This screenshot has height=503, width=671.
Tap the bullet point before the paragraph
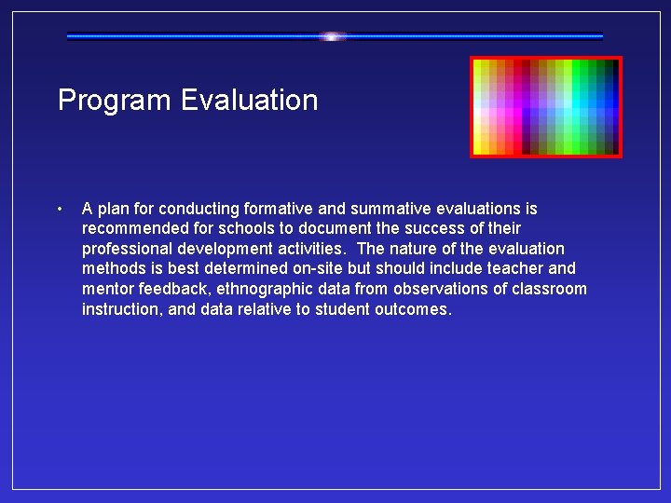pos(59,209)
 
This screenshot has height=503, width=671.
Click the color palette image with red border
pos(545,107)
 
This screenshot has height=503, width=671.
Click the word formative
pos(283,209)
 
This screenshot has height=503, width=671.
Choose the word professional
pos(129,249)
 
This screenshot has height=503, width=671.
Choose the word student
pos(345,310)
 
